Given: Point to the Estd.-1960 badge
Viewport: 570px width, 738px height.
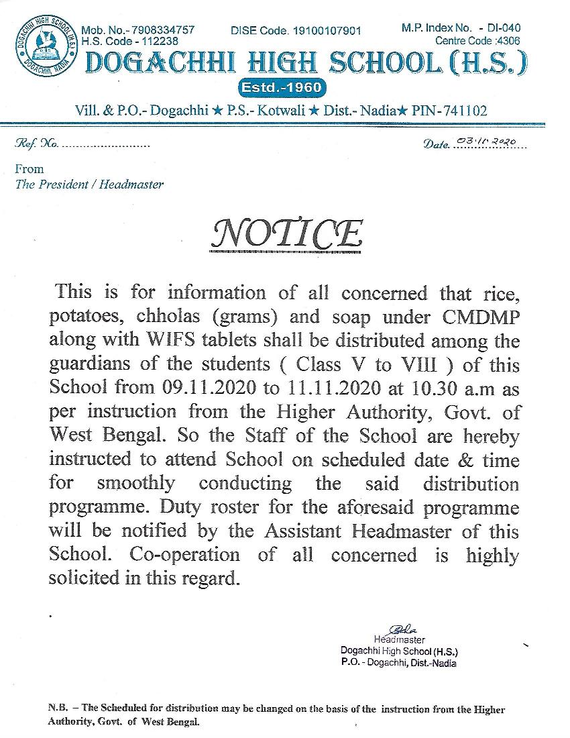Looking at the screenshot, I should (x=282, y=88).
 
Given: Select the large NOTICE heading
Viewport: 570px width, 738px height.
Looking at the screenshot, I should (x=287, y=234).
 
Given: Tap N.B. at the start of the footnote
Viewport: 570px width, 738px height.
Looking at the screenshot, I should (x=57, y=709).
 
